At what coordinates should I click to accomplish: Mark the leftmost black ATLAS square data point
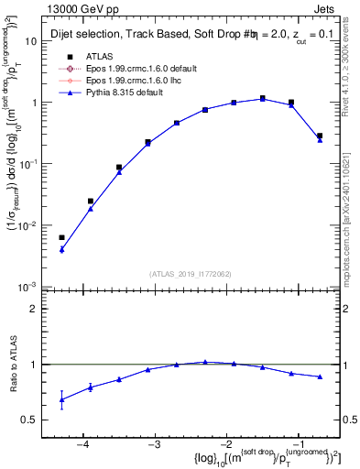point(61,237)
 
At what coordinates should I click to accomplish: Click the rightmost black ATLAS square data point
point(320,136)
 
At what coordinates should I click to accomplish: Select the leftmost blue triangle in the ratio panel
point(61,399)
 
